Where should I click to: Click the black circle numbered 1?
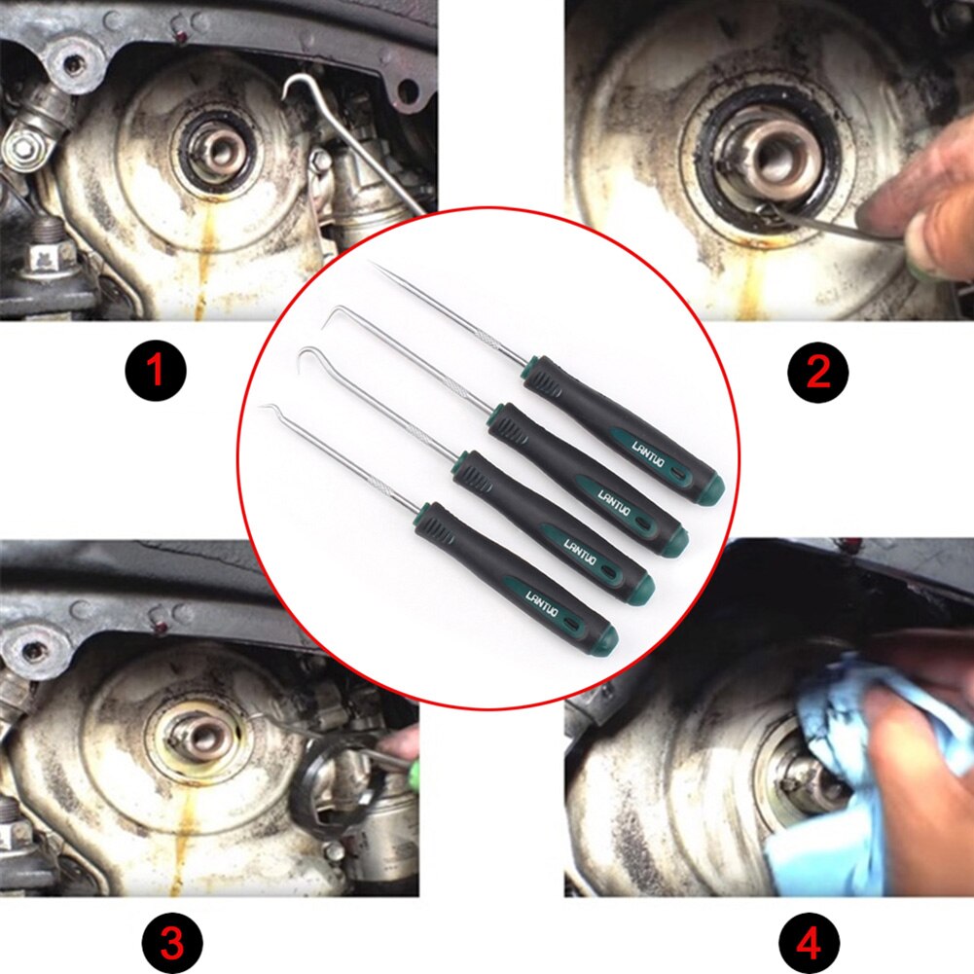[156, 369]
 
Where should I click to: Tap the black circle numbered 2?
[817, 372]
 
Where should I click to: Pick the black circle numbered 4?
[808, 943]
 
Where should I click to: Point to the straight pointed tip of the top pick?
[374, 264]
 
